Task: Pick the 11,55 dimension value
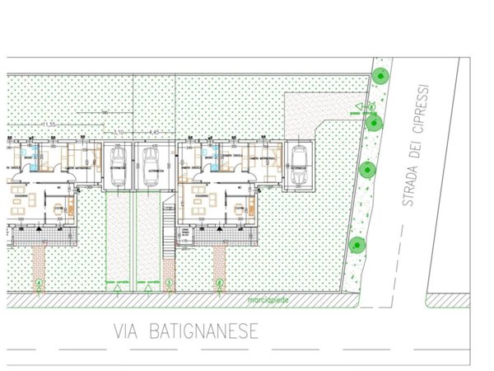point(49,124)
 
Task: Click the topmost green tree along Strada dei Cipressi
point(380,76)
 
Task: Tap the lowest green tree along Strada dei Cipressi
point(357,244)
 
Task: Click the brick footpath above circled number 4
point(40,264)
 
